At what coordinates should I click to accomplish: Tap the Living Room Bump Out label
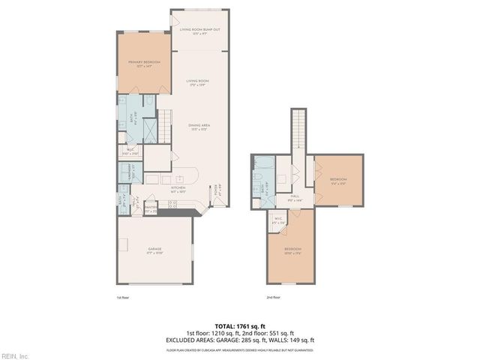(x=199, y=31)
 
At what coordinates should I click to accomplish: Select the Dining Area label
(x=198, y=127)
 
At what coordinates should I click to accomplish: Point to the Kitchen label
(x=178, y=189)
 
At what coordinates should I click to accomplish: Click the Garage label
(x=154, y=250)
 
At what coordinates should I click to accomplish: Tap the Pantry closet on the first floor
(x=151, y=209)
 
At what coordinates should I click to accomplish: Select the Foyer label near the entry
(x=217, y=190)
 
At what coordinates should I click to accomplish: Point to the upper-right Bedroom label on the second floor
(x=339, y=180)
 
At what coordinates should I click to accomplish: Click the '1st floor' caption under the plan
(x=123, y=298)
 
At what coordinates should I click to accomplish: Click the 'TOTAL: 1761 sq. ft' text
(x=240, y=326)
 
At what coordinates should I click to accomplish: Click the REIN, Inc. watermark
(x=14, y=355)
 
